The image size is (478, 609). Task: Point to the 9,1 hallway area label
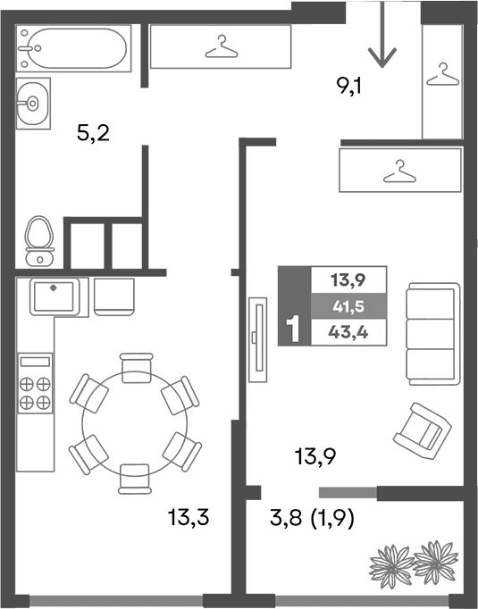click(x=349, y=87)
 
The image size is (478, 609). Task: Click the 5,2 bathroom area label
click(x=92, y=135)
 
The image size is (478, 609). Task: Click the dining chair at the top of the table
click(x=135, y=366)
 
